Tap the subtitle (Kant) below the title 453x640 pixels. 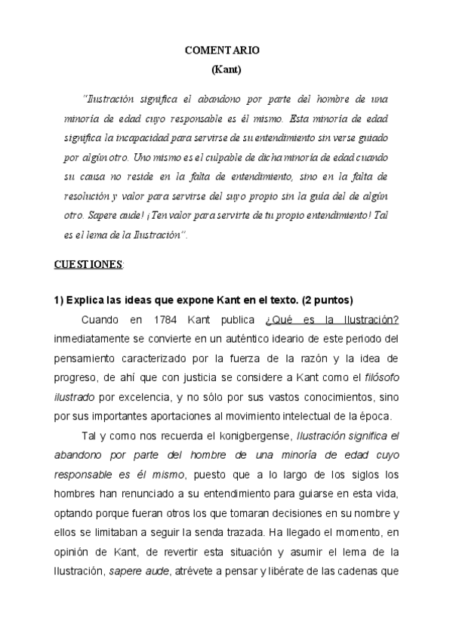[x=226, y=69]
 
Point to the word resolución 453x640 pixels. [x=88, y=197]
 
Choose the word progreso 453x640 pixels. [x=76, y=376]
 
